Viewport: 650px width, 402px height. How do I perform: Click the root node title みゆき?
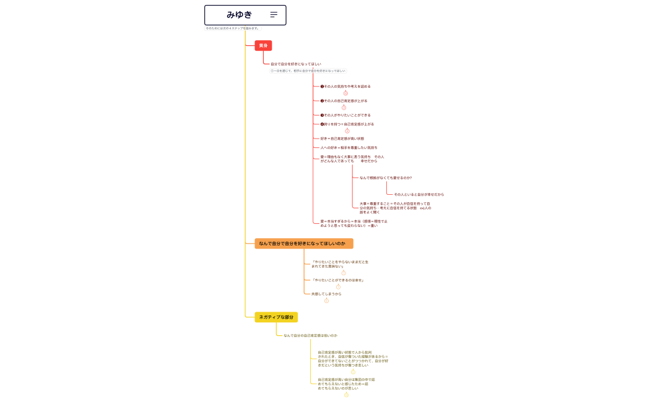point(240,15)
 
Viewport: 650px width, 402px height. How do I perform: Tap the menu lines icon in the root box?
point(274,15)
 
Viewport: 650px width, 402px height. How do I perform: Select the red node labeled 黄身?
point(263,46)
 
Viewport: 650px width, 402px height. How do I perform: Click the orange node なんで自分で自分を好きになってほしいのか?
point(303,244)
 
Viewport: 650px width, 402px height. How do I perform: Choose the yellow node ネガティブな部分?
point(276,317)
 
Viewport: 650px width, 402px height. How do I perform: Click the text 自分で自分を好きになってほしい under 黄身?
point(296,64)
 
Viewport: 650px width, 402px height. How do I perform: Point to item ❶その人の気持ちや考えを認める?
point(345,87)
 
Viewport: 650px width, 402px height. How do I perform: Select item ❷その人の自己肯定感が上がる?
point(344,101)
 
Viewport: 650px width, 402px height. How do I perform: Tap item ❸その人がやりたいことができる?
point(345,115)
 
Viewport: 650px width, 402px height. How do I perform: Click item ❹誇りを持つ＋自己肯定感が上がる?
point(347,124)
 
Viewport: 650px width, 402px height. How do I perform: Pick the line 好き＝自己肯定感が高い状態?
point(342,139)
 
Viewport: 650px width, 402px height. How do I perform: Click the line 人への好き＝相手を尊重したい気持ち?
point(349,148)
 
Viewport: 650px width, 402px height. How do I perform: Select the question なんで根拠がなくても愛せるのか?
point(386,177)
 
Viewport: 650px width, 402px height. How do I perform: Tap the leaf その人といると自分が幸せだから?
point(419,194)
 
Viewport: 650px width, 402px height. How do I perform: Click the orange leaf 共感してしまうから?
point(326,294)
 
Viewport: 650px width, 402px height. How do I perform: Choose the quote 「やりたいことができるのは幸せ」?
point(338,280)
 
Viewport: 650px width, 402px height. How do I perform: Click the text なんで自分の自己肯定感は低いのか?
point(311,335)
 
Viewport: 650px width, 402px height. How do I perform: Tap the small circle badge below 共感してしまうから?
point(326,301)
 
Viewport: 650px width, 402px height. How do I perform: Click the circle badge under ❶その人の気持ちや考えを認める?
point(345,93)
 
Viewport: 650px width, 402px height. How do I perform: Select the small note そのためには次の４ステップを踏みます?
point(233,28)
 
